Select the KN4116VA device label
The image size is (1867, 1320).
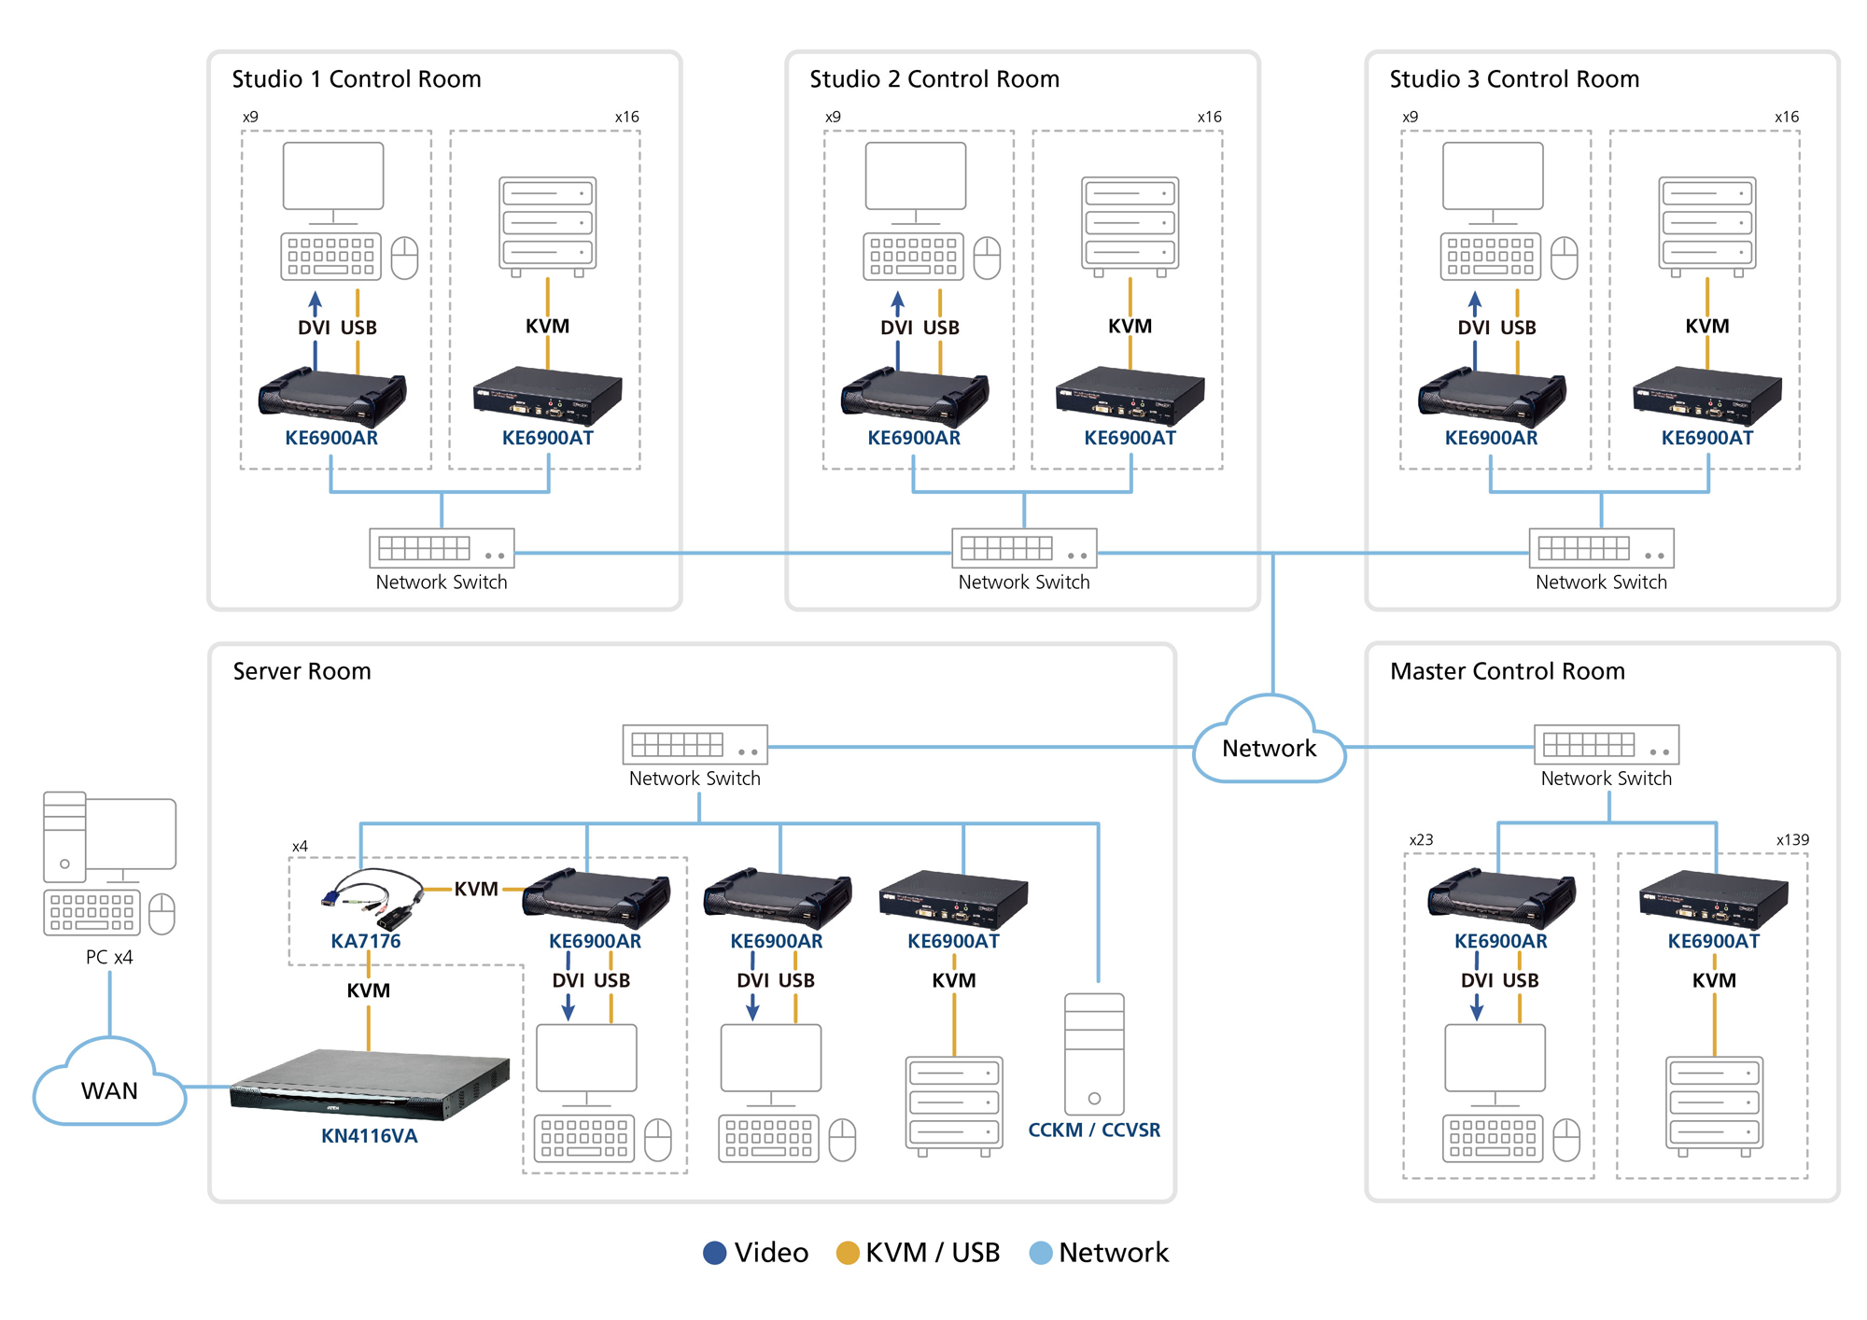369,1136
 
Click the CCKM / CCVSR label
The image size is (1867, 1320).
1094,1130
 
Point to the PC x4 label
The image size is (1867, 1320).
109,957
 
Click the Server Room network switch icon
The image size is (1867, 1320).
695,745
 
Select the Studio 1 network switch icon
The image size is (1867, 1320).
442,548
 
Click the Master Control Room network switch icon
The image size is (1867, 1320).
1606,745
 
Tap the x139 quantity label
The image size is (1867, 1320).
1791,839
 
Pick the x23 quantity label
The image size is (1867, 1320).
1421,839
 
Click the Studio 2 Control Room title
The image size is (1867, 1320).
934,79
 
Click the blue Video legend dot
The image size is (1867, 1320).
714,1253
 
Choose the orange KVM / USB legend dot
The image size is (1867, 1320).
847,1253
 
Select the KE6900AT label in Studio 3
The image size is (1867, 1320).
1706,438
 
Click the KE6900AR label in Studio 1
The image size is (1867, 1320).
331,438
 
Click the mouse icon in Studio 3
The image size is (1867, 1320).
1564,258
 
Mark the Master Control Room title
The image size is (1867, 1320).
1507,671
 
